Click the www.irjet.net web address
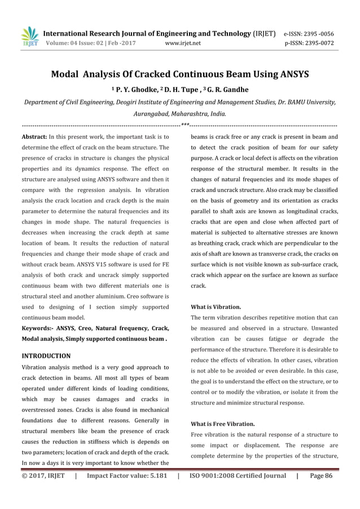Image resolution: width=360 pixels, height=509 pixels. click(x=183, y=42)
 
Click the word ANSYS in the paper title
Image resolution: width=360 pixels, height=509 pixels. click(x=290, y=74)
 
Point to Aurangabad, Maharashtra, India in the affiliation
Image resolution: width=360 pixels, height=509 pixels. click(x=179, y=113)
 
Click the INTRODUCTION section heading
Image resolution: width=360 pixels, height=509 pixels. click(x=46, y=356)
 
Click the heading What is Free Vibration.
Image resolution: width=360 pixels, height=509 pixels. click(x=223, y=423)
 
